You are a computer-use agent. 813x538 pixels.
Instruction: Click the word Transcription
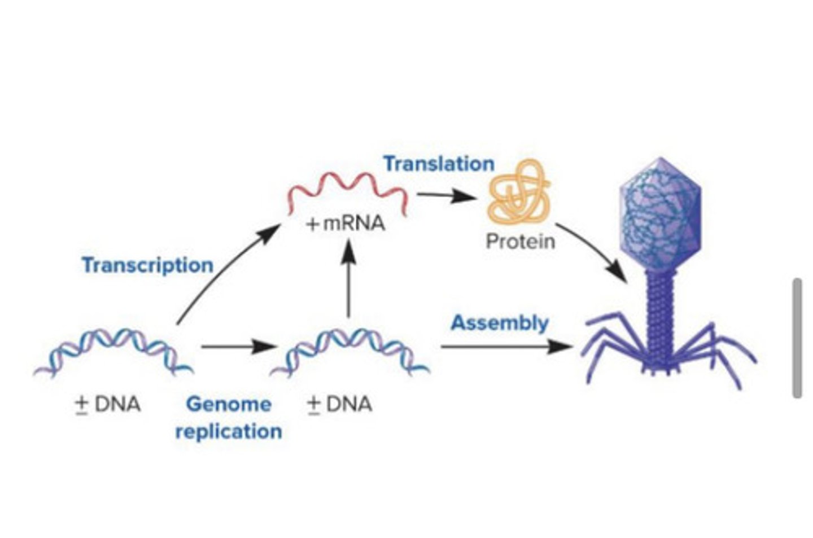click(147, 265)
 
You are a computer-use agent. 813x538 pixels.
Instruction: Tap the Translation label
click(439, 164)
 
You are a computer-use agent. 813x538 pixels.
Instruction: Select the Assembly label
click(499, 323)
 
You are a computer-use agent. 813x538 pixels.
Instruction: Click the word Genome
click(229, 404)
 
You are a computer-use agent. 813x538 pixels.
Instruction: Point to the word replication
click(229, 431)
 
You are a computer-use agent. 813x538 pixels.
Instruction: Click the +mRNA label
click(345, 224)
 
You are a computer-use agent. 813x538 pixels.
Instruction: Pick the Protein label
click(520, 242)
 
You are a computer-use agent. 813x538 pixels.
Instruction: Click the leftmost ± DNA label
click(108, 404)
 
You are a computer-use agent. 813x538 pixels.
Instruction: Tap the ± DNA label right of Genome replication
click(339, 404)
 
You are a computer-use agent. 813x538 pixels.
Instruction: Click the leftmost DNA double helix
click(113, 352)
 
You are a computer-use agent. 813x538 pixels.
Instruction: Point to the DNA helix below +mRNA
click(350, 352)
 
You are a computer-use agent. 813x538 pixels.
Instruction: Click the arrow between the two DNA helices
click(237, 346)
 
